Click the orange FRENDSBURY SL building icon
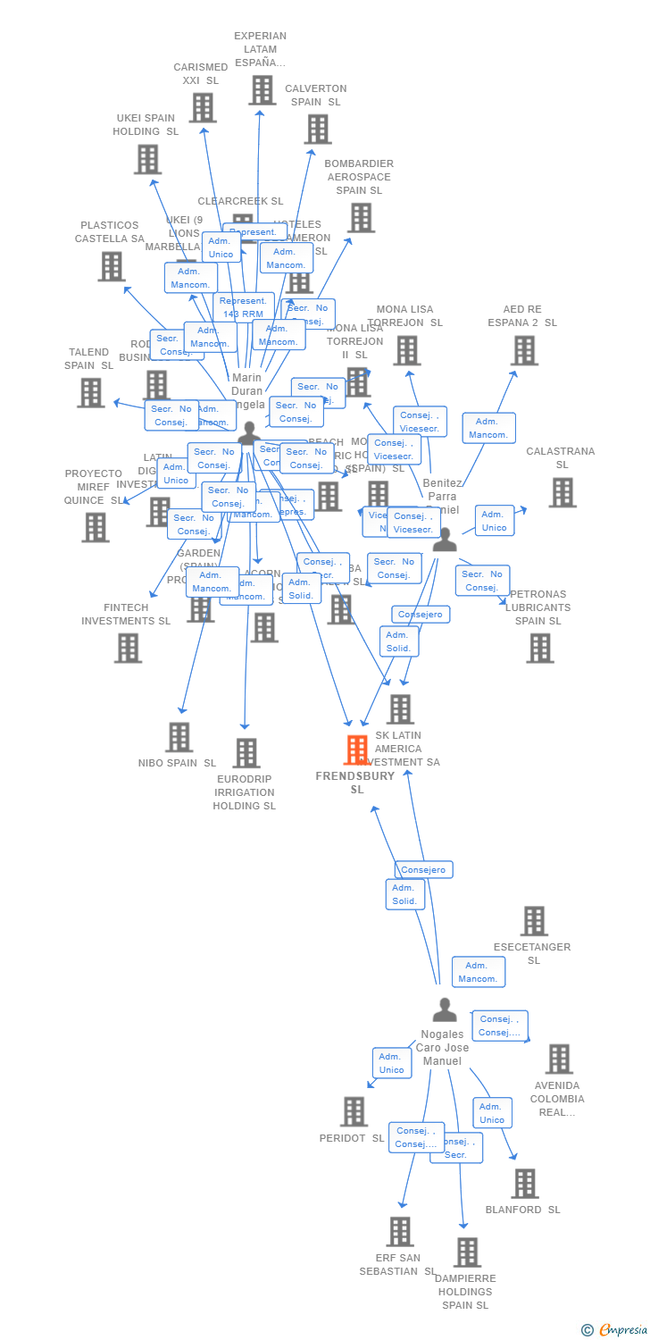point(357,750)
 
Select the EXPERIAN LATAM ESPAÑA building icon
point(262,90)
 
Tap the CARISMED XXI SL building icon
point(203,108)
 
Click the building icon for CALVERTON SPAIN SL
point(317,129)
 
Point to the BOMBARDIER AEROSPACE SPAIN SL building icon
point(361,217)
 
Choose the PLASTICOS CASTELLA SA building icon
point(111,266)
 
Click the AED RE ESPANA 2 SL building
point(524,350)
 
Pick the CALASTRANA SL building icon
point(562,492)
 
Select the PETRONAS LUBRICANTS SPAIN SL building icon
point(540,649)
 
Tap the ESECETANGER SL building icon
point(534,921)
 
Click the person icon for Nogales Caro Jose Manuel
point(444,1010)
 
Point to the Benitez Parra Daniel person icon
point(444,540)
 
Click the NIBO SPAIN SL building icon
point(179,737)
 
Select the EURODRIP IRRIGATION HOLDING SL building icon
point(246,753)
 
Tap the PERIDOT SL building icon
point(354,1111)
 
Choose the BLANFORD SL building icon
point(524,1184)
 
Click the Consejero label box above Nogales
point(424,869)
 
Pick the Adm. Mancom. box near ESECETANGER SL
point(478,972)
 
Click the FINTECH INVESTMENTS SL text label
point(126,615)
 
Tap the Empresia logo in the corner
point(615,1330)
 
